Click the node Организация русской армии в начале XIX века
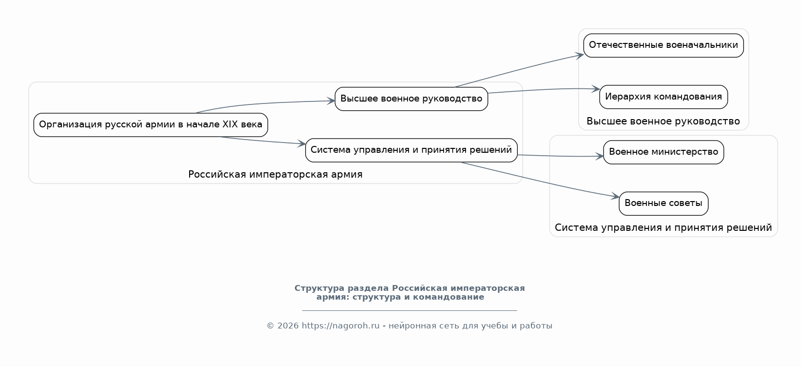151,125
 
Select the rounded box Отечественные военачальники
664,45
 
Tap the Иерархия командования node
664,97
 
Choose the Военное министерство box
664,152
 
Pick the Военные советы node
664,204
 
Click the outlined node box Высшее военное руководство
411,99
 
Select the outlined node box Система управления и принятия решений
411,150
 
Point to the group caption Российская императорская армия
275,174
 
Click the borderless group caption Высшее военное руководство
664,122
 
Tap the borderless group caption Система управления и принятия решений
664,228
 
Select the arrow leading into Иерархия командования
544,89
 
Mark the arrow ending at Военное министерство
560,156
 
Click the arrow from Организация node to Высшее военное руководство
265,103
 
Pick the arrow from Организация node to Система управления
263,141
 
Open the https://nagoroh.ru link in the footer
340,326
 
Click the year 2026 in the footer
288,326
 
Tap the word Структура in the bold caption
319,288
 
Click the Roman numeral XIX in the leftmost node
230,124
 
